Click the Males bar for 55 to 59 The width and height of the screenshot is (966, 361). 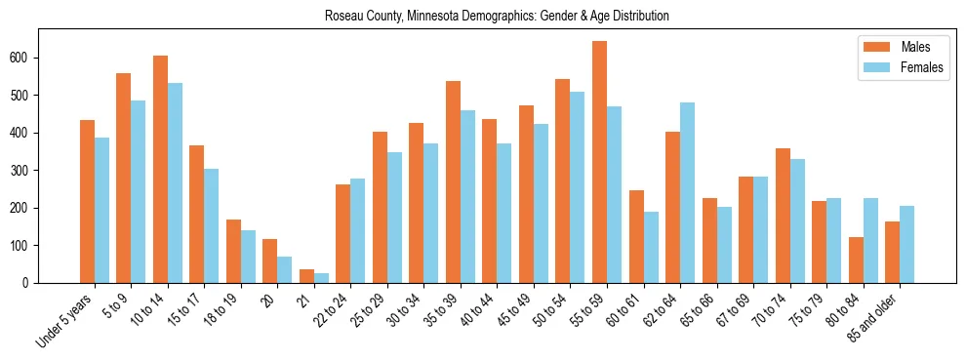pyautogui.click(x=599, y=162)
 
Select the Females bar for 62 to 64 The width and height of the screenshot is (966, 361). pyautogui.click(x=687, y=192)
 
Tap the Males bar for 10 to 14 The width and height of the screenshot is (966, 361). pyautogui.click(x=160, y=169)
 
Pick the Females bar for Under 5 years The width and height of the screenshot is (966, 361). pyautogui.click(x=101, y=210)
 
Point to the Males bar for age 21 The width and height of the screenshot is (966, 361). pyautogui.click(x=306, y=276)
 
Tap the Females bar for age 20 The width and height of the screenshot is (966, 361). pyautogui.click(x=285, y=269)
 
